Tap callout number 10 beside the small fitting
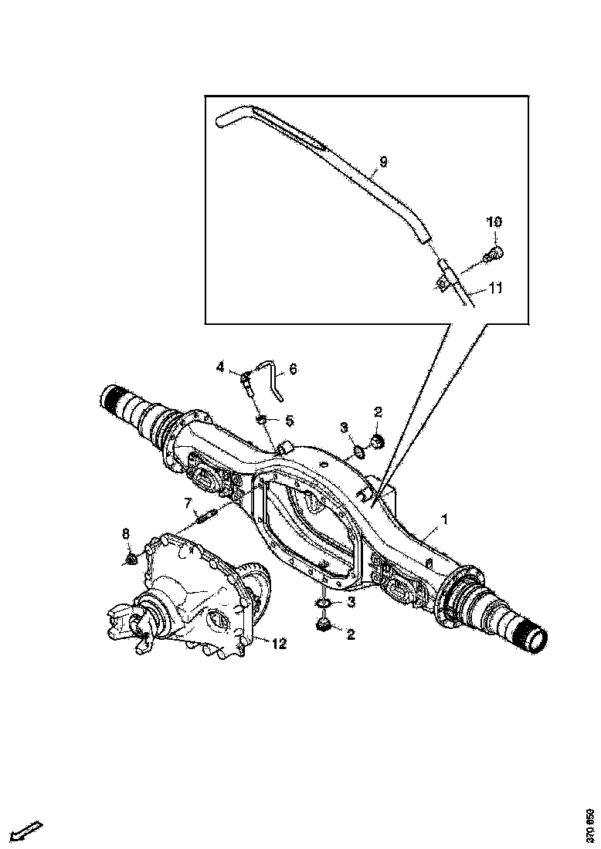(x=494, y=222)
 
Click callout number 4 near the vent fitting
(x=220, y=367)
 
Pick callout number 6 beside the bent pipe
(x=293, y=370)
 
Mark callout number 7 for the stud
(x=188, y=504)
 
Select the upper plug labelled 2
(x=377, y=441)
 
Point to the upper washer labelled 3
(x=358, y=451)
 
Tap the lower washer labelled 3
(x=323, y=602)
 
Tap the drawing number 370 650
(x=590, y=825)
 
